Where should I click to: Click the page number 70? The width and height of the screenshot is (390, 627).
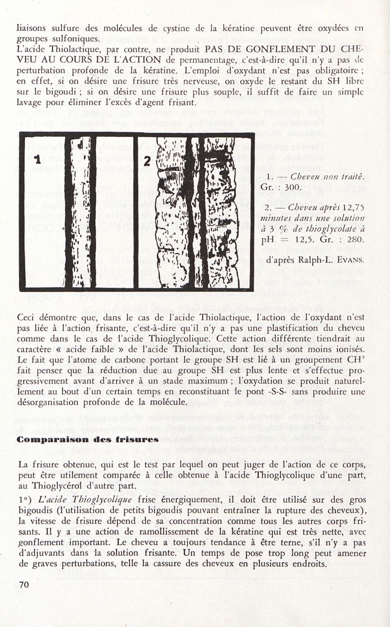[x=25, y=585]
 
